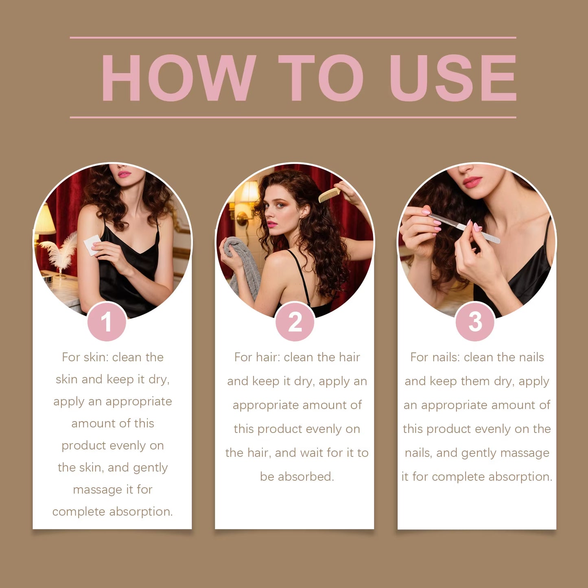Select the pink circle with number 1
pyautogui.click(x=107, y=322)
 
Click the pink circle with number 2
pyautogui.click(x=295, y=322)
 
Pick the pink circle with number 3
pyautogui.click(x=475, y=322)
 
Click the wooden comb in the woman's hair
pyautogui.click(x=329, y=195)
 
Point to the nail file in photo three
pyautogui.click(x=464, y=227)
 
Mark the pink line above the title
pyautogui.click(x=293, y=37)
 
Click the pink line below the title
pyautogui.click(x=293, y=117)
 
